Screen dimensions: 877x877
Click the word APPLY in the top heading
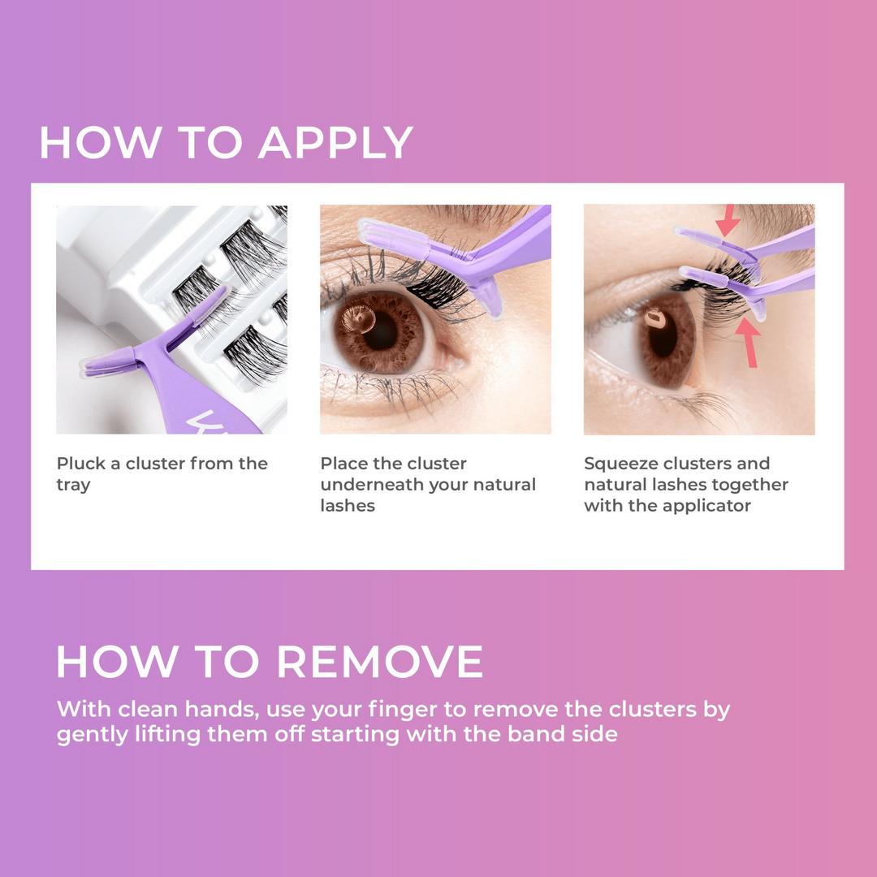coord(335,142)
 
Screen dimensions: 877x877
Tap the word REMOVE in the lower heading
coord(380,662)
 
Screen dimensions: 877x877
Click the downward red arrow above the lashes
coord(728,220)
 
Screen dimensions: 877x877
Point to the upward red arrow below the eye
coord(749,343)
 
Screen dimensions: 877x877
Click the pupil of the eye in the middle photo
coord(380,330)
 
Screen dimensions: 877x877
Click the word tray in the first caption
coord(73,486)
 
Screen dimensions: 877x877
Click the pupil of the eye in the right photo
coord(663,336)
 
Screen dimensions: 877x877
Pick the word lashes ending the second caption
coord(348,506)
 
